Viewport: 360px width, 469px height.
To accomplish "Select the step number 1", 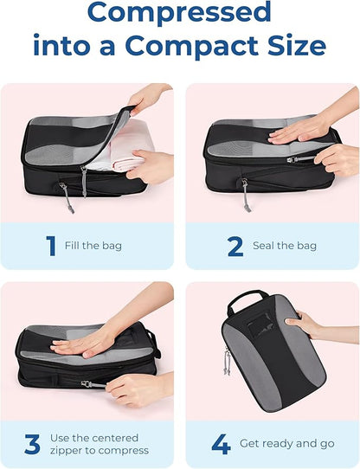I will (x=50, y=246).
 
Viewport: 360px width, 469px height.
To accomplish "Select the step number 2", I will (x=234, y=246).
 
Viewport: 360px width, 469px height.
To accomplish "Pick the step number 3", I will (x=32, y=445).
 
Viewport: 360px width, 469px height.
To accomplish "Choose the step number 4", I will (x=221, y=445).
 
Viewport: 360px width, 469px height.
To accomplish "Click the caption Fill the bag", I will (x=93, y=246).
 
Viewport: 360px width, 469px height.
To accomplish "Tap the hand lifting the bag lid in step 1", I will (x=149, y=98).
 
